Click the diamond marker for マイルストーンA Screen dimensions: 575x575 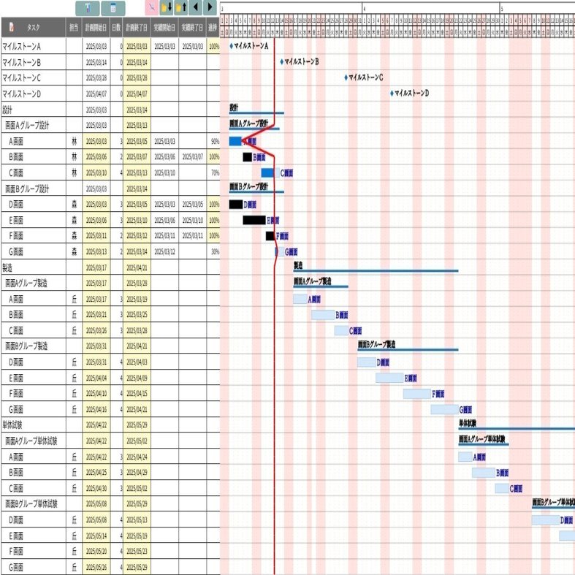231,45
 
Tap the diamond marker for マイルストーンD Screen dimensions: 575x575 392,93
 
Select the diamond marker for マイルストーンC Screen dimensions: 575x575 346,77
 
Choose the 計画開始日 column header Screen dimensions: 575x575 96,27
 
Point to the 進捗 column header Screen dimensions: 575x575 213,27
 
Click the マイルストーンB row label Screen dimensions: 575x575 22,61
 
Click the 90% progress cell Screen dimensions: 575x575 214,141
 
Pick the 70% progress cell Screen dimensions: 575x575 214,172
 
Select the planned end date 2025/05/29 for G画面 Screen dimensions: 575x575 137,567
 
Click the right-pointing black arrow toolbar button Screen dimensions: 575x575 210,8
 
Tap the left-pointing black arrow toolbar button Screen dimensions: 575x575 195,8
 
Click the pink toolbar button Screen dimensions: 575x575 151,8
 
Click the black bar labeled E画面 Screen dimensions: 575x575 254,220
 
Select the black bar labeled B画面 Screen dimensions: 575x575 247,157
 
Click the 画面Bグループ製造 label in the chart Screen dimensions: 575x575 376,343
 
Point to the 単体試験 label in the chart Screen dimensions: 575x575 467,423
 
